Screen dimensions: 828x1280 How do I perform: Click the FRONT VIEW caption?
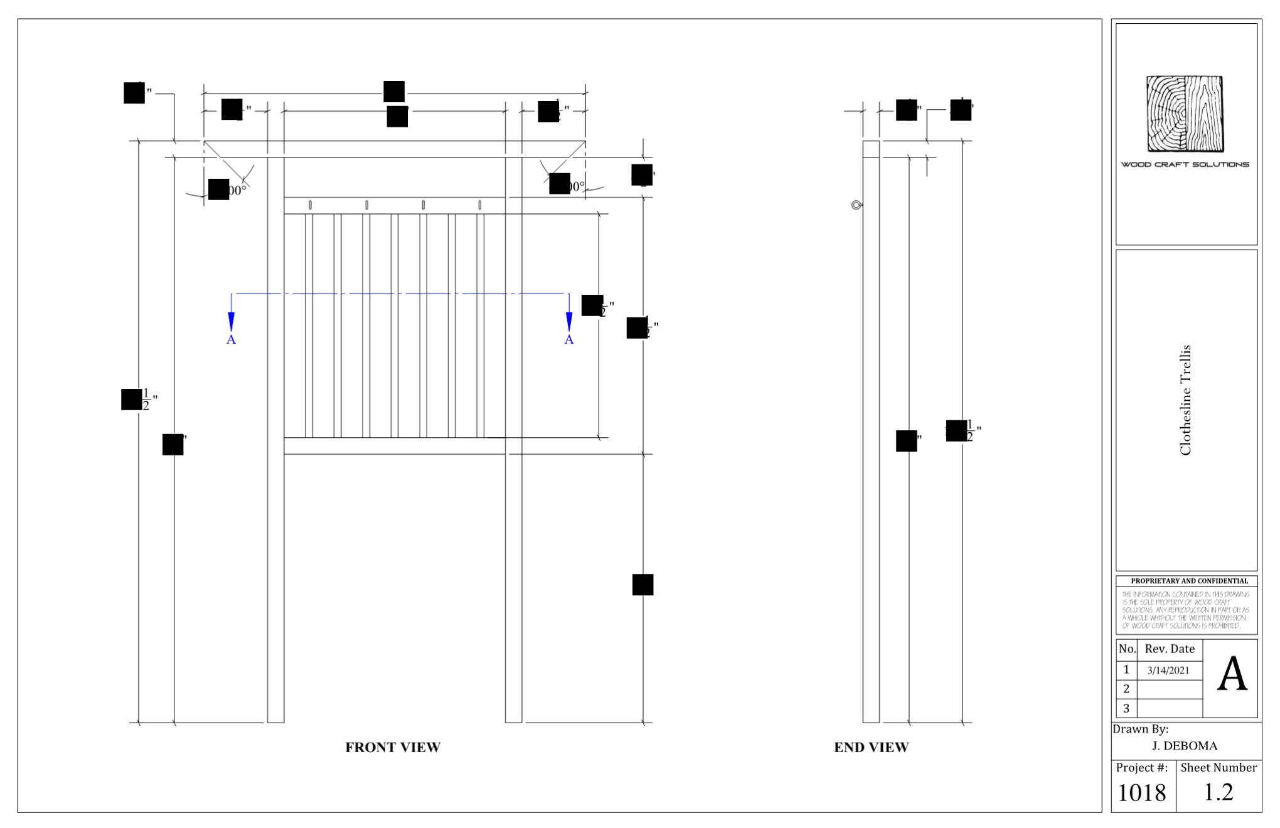coord(393,747)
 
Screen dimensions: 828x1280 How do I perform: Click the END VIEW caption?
coord(871,747)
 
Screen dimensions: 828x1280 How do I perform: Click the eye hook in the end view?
coord(856,205)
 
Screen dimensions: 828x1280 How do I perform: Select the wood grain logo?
coord(1185,114)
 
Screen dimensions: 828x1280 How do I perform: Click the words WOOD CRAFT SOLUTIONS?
coord(1185,164)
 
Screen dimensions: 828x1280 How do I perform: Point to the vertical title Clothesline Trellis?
coord(1185,400)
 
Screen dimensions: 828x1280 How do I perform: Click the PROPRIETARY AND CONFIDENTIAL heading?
coord(1189,581)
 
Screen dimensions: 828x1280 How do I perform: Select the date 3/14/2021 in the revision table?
coord(1168,670)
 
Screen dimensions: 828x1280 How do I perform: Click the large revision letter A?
coord(1232,676)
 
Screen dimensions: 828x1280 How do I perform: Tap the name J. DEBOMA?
coord(1185,746)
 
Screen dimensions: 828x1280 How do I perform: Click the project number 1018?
coord(1142,793)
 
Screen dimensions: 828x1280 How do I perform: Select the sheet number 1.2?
coord(1219,792)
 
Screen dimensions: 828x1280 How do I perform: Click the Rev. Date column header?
coord(1170,649)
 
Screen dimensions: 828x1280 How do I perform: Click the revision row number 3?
coord(1126,708)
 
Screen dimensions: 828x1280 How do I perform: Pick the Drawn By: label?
coord(1141,729)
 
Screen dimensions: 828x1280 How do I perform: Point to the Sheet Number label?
coord(1219,767)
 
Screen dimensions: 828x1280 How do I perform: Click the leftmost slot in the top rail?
coord(310,205)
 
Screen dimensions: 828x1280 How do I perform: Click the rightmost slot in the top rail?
coord(480,205)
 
